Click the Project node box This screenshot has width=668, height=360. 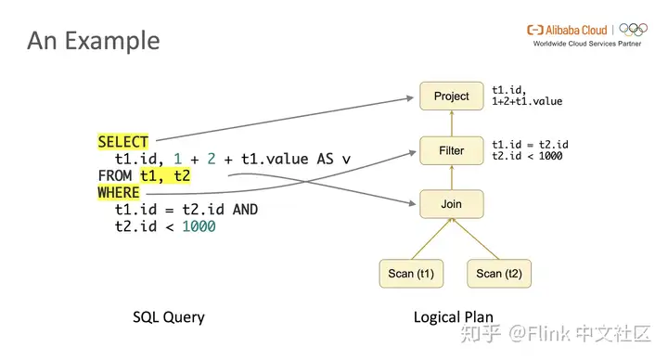click(x=452, y=96)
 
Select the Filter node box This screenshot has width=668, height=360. click(x=452, y=149)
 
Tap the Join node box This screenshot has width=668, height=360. click(x=452, y=203)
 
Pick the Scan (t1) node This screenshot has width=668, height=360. click(x=413, y=273)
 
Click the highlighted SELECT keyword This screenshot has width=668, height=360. click(x=122, y=142)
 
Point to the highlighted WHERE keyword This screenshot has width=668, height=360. click(x=119, y=193)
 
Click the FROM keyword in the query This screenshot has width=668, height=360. click(x=115, y=176)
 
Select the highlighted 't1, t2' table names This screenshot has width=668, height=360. click(x=165, y=176)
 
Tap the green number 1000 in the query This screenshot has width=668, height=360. click(x=199, y=226)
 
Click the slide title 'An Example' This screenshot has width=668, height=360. click(x=93, y=41)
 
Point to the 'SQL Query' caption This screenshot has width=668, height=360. click(x=168, y=317)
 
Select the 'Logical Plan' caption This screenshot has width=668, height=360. click(x=453, y=317)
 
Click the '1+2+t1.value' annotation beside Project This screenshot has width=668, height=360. click(x=527, y=101)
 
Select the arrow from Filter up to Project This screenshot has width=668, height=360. click(x=452, y=122)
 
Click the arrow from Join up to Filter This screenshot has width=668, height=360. click(x=452, y=176)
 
